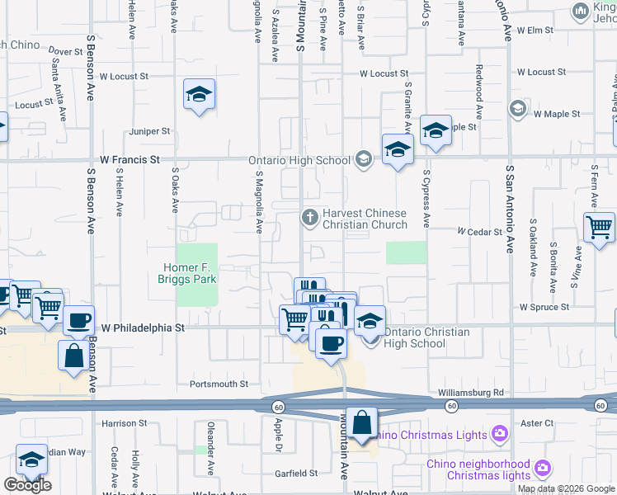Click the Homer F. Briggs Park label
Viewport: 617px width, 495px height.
coord(189,274)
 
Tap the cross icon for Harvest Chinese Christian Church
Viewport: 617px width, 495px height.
coord(310,218)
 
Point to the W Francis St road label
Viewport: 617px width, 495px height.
coord(128,158)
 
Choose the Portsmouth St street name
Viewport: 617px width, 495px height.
coord(219,384)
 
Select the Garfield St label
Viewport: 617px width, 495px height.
coord(297,474)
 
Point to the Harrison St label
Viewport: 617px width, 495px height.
coord(124,423)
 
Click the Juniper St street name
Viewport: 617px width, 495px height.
coord(149,131)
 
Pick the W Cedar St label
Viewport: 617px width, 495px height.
coord(479,232)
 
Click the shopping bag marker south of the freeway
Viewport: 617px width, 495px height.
coord(361,423)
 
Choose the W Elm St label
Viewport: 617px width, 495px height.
coord(534,31)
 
